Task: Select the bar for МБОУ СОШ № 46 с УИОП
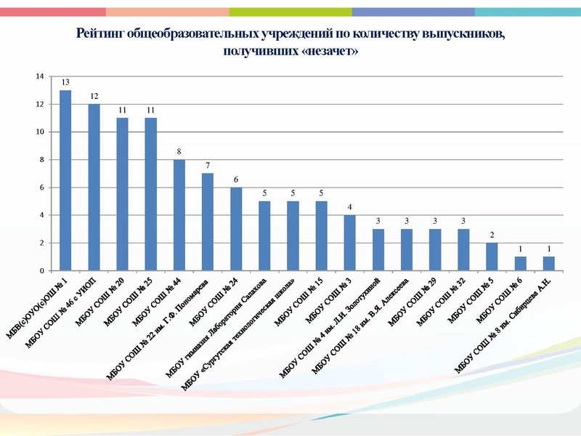coord(94,187)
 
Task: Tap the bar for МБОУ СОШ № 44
coord(179,215)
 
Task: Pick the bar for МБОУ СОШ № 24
coord(236,229)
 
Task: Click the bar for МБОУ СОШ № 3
coord(349,243)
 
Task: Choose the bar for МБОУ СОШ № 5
coord(492,257)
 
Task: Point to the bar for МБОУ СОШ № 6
coord(520,264)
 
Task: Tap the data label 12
coord(94,96)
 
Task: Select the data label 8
coord(179,152)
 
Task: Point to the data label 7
coord(208,166)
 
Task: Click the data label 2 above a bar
coord(492,235)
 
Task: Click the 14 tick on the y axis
coord(41,76)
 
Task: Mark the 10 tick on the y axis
coord(41,132)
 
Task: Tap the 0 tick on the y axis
coord(43,271)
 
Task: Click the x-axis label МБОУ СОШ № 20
coord(104,298)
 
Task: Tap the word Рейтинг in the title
coord(99,34)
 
